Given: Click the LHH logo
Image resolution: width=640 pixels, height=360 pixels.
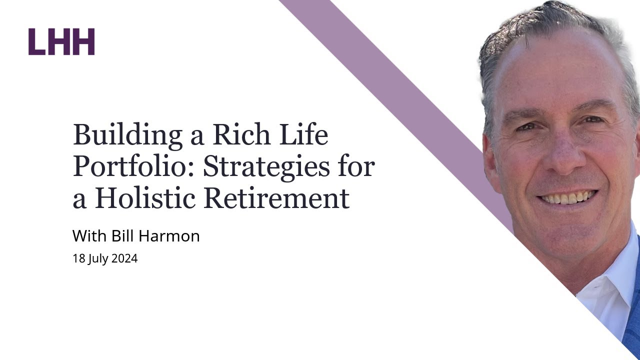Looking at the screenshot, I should pos(61,41).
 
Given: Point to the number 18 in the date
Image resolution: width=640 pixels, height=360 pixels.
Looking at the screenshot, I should pos(78,259).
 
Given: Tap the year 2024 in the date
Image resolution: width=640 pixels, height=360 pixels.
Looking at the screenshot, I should pos(124,259).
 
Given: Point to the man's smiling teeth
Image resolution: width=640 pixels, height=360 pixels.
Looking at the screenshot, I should pos(567,198).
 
